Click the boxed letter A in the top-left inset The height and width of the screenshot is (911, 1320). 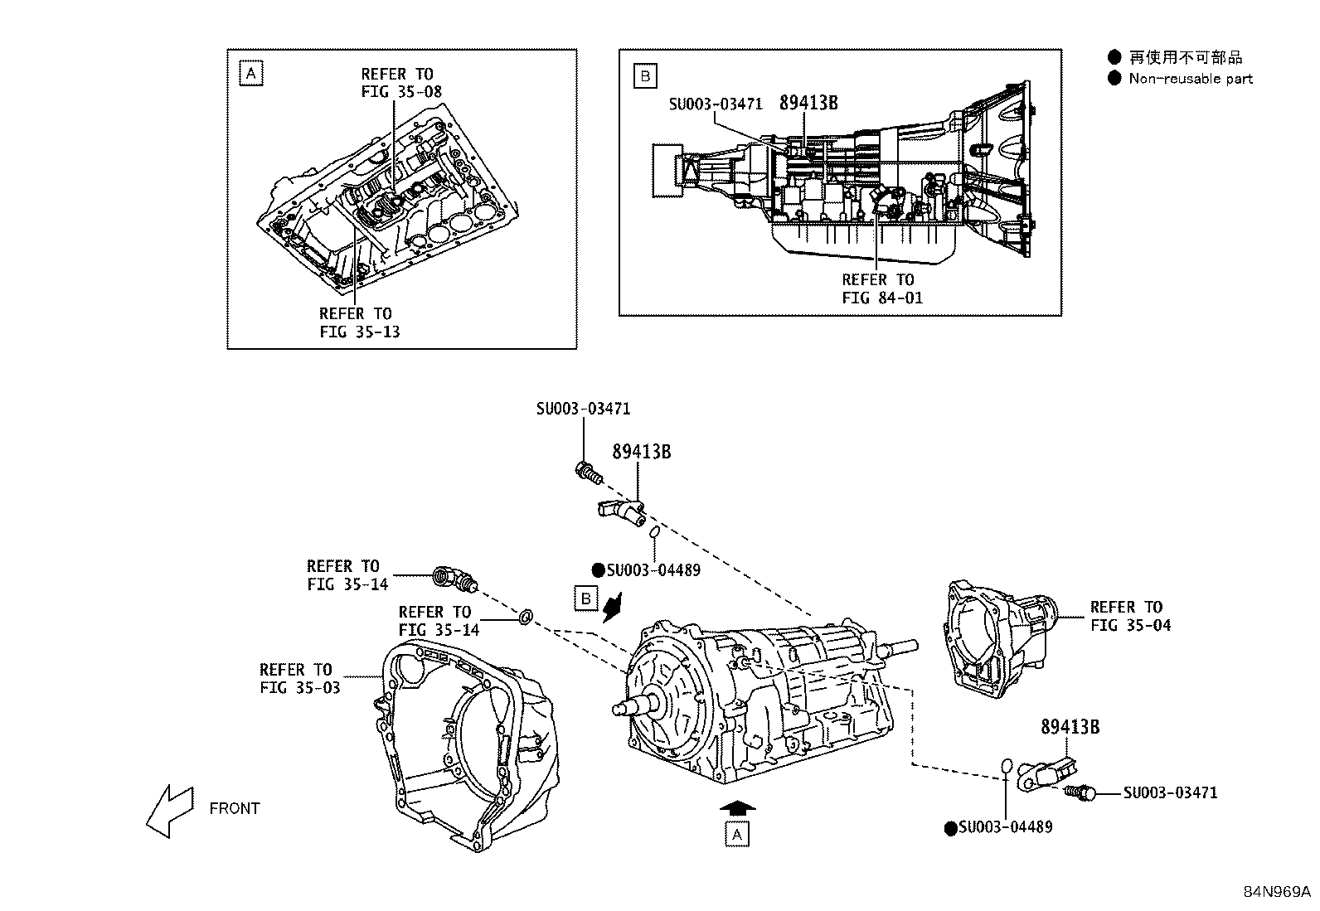(x=251, y=74)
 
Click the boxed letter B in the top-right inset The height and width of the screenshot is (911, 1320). (x=644, y=76)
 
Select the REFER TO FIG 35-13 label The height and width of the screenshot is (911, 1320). (x=356, y=322)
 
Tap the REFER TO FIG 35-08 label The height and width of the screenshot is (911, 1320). (x=397, y=83)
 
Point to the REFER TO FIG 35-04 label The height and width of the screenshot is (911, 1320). (x=1130, y=616)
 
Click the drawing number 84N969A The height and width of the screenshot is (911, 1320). (x=1276, y=892)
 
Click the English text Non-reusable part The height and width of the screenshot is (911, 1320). (x=1191, y=79)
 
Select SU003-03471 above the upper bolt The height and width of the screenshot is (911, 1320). (x=583, y=409)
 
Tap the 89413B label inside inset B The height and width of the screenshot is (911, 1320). (x=808, y=103)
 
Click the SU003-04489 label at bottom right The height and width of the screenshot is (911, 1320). (x=1006, y=827)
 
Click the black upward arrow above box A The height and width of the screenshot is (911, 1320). (x=737, y=807)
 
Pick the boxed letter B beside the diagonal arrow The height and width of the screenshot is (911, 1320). (x=586, y=598)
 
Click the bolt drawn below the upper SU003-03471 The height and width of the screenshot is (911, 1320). (x=587, y=473)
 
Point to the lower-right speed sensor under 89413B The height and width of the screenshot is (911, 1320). (x=1051, y=773)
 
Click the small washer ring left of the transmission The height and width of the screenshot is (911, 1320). (x=526, y=616)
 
